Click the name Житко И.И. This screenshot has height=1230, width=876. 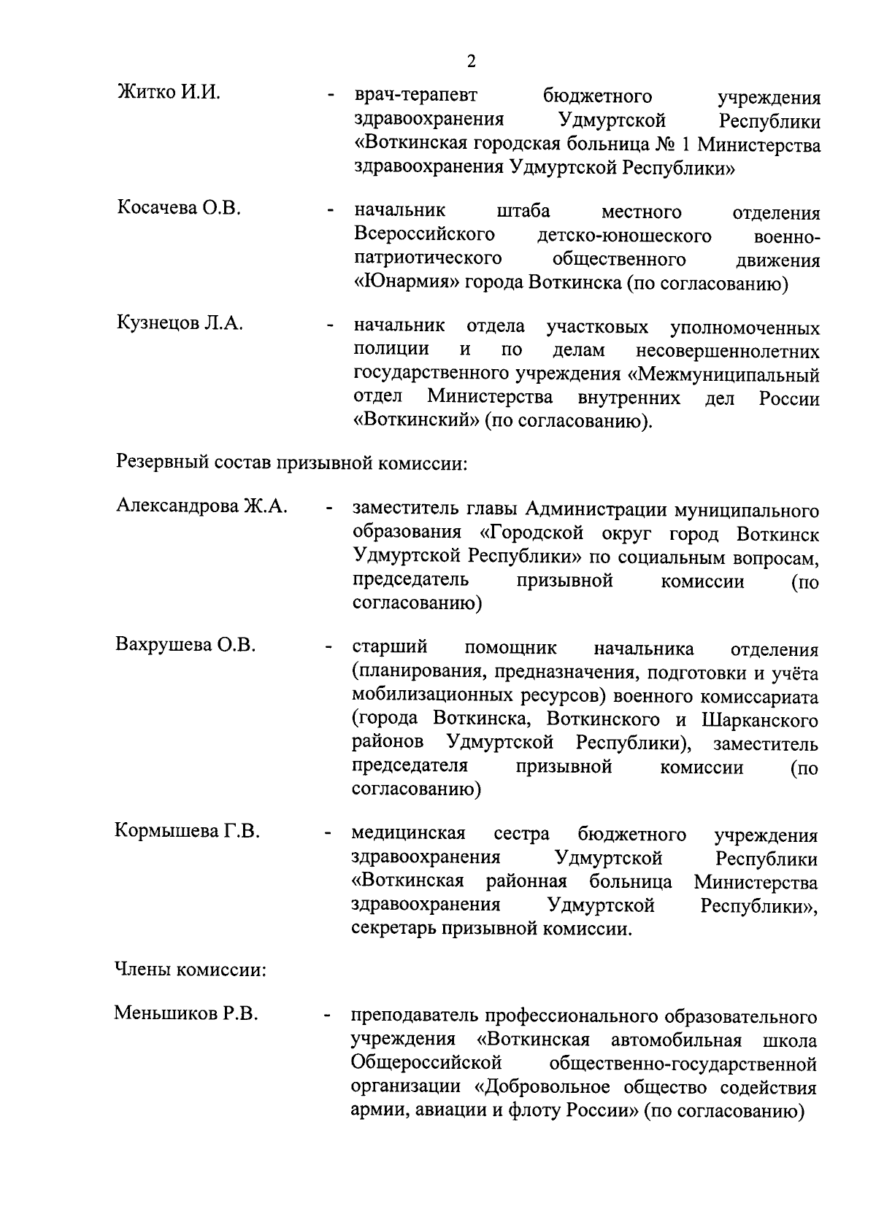point(168,93)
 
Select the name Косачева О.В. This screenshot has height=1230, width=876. point(178,208)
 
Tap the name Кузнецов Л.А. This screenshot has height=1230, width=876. point(180,323)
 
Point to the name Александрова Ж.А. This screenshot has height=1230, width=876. point(201,506)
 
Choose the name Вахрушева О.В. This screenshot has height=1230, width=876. point(185,645)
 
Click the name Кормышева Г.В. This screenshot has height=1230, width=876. point(187,831)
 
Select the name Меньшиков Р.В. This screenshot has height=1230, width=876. point(186,1013)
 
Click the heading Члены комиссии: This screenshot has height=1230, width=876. point(190,970)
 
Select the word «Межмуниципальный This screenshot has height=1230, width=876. point(723,375)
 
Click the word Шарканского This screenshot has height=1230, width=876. point(759,720)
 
